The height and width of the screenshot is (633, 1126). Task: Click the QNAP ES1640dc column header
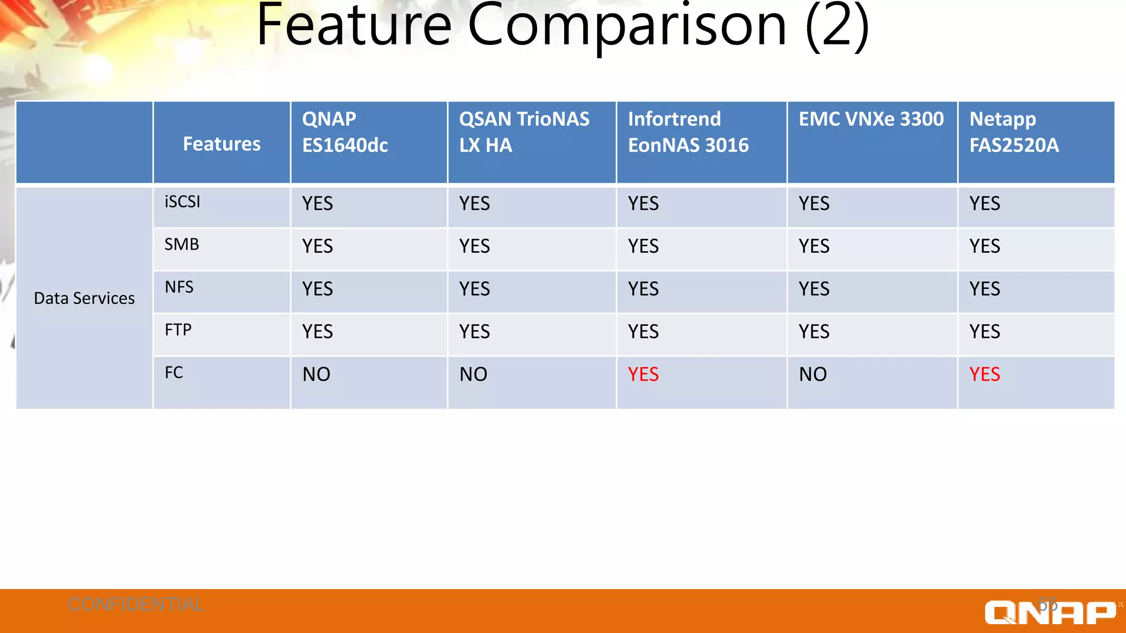tap(345, 132)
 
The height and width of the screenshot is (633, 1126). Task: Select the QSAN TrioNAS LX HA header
tap(524, 132)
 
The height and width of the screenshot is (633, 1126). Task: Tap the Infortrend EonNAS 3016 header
tap(688, 132)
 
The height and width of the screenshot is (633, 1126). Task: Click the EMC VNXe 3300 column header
tap(871, 119)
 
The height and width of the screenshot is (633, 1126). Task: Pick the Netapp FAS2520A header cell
tap(1014, 132)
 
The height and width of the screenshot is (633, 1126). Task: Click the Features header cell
tap(222, 144)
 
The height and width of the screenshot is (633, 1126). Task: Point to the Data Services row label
tap(84, 298)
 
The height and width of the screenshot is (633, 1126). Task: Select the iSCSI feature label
tap(183, 202)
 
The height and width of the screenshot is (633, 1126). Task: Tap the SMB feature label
tap(182, 244)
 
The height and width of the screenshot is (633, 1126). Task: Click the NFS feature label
tap(179, 287)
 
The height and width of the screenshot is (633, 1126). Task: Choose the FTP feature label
tap(178, 330)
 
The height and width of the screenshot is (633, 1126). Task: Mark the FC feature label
tap(174, 373)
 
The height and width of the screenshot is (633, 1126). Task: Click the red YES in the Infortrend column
tap(643, 374)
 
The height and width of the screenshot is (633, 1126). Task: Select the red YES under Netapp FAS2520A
tap(985, 374)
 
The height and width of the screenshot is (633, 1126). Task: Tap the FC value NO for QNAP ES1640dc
tap(317, 374)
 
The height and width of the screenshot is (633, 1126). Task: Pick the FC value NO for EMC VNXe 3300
tap(813, 374)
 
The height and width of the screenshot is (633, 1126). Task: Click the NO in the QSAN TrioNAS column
tap(473, 374)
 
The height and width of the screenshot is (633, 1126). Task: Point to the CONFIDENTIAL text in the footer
tap(136, 604)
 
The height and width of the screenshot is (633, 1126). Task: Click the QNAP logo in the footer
tap(1050, 612)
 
